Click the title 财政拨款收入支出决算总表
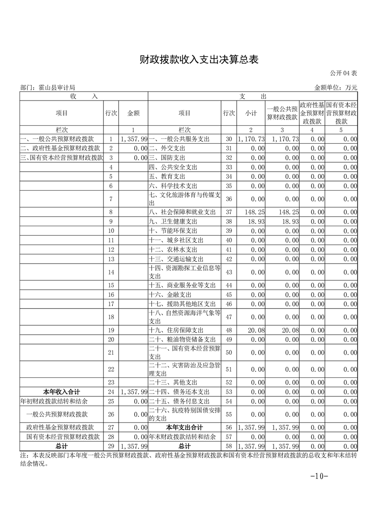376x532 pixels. [199, 59]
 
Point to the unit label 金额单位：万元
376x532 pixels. [336, 88]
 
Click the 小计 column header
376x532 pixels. [251, 113]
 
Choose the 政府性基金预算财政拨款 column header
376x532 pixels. [312, 113]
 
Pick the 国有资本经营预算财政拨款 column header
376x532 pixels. [341, 113]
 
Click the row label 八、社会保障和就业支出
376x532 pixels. [182, 212]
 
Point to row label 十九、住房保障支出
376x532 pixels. [176, 330]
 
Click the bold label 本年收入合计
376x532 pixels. [62, 392]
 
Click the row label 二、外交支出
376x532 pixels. [167, 148]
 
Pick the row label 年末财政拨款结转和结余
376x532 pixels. [183, 437]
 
